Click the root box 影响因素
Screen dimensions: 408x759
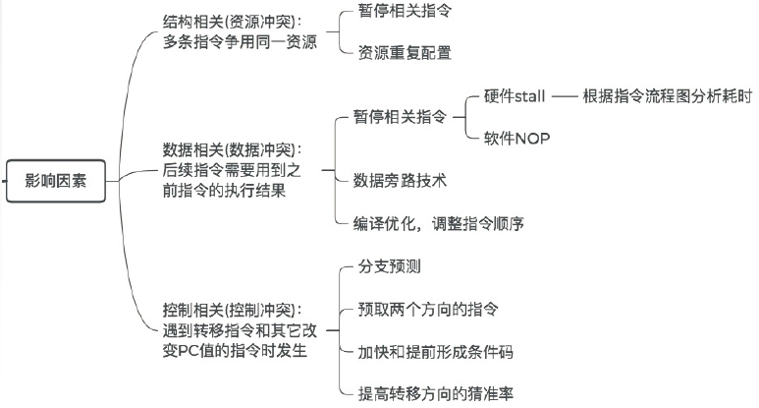point(56,181)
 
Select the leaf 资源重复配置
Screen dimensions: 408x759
point(404,52)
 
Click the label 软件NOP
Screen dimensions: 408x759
point(516,138)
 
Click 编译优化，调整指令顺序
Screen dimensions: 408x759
point(439,223)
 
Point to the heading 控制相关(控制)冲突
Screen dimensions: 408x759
point(234,309)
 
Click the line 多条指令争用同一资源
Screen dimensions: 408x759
point(240,42)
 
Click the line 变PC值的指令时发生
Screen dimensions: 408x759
point(234,351)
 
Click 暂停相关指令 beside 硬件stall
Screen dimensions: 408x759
point(399,117)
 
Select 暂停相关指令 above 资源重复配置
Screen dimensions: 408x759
point(404,11)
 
